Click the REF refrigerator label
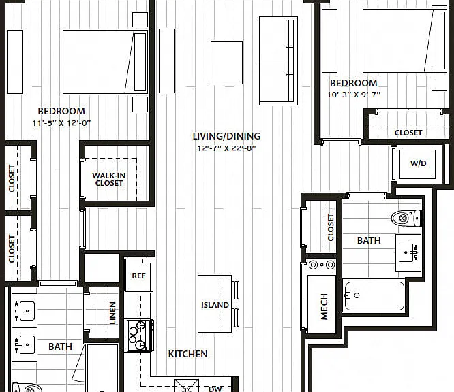pos(138,276)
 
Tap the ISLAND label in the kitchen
pos(215,305)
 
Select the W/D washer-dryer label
pos(418,163)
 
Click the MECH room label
pos(324,307)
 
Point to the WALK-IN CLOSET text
pos(109,179)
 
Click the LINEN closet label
pos(112,313)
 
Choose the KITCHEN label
pos(187,354)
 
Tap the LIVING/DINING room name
pos(227,136)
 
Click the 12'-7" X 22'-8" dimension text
pos(227,148)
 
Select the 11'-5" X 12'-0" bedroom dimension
pos(61,123)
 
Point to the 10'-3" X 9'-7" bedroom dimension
pos(354,95)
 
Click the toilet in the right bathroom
pos(406,218)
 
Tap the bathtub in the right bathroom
pos(374,295)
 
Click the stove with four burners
pos(138,336)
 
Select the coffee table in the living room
pos(227,63)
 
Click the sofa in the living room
pos(278,61)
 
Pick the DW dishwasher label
pos(215,389)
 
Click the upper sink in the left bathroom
pos(25,311)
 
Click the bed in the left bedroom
pos(106,62)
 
